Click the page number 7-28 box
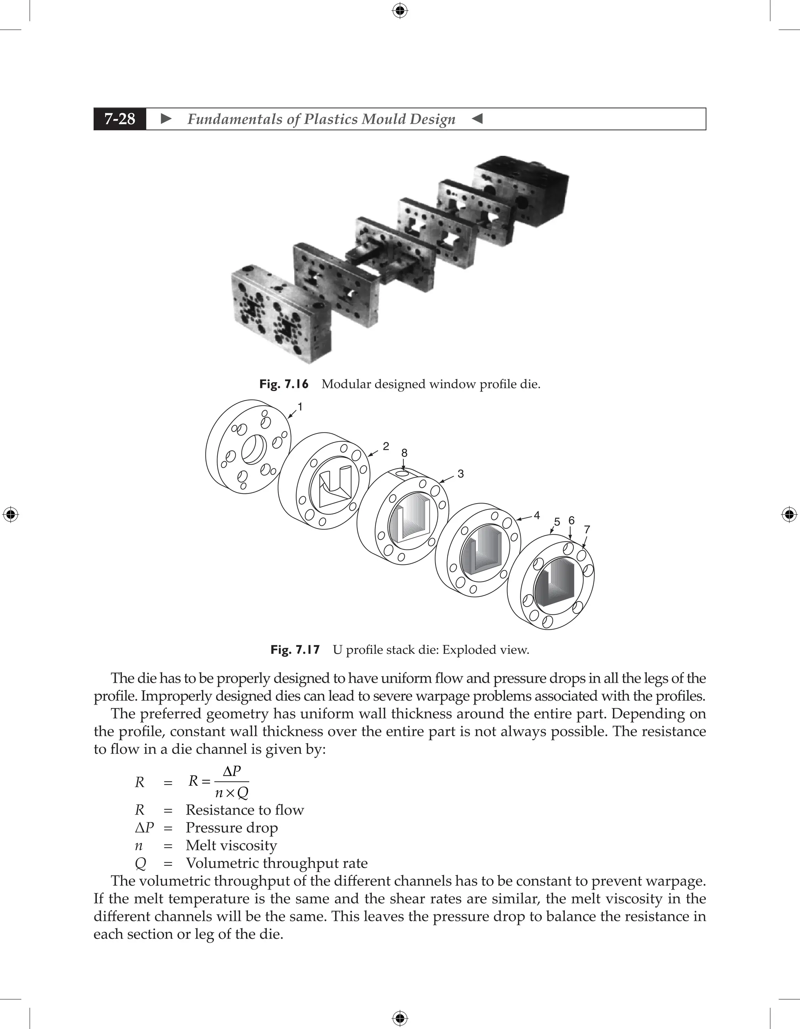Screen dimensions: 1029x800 coord(120,119)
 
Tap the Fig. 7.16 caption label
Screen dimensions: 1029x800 coord(284,384)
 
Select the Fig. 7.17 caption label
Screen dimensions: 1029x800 coord(295,650)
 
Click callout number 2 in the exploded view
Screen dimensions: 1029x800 coord(386,446)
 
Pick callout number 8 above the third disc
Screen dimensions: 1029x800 coord(404,453)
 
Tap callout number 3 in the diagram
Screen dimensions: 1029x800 coord(461,474)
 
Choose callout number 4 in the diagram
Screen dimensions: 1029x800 coord(536,515)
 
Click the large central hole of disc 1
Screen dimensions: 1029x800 coord(254,449)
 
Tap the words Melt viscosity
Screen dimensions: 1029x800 coord(231,845)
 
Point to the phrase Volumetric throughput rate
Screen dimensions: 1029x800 coord(276,863)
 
